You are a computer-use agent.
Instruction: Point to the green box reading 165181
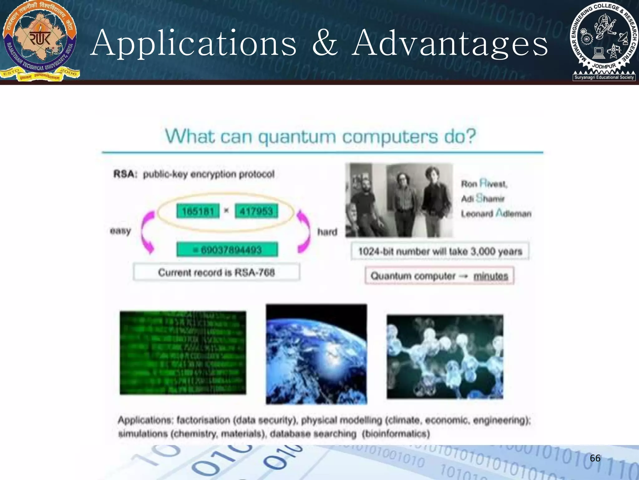click(198, 211)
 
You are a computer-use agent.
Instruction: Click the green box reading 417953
click(256, 211)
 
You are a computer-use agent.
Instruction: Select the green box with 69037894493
click(227, 250)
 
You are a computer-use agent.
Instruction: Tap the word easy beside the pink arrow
click(120, 231)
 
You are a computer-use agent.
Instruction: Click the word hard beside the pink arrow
click(327, 232)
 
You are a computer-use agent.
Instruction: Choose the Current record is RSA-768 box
click(216, 272)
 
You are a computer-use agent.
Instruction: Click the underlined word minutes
click(491, 276)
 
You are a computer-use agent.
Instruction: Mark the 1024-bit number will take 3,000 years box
click(440, 251)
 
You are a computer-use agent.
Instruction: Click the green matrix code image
click(183, 353)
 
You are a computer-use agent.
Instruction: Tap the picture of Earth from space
click(316, 354)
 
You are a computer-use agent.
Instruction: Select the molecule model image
click(445, 357)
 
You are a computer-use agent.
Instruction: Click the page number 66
click(595, 458)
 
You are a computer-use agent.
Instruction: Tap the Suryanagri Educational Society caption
click(604, 77)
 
